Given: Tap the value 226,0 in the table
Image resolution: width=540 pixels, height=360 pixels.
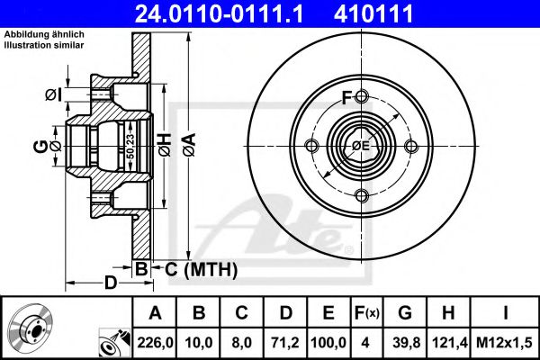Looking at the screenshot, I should pos(155,343).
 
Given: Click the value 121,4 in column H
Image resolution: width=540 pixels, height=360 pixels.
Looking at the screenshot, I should pos(449,343).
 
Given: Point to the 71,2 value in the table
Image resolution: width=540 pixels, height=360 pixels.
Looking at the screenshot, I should pos(285,343).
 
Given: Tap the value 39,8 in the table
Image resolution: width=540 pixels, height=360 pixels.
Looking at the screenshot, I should pos(405,343).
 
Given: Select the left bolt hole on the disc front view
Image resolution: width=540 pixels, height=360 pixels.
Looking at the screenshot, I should pos(312,147).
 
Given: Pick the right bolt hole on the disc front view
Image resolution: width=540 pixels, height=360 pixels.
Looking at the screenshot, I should pos(411,147).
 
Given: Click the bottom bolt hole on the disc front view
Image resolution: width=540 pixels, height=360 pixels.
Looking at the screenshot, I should pos(362,195).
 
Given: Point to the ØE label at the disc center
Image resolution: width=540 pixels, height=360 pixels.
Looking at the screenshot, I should pos(362,147).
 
